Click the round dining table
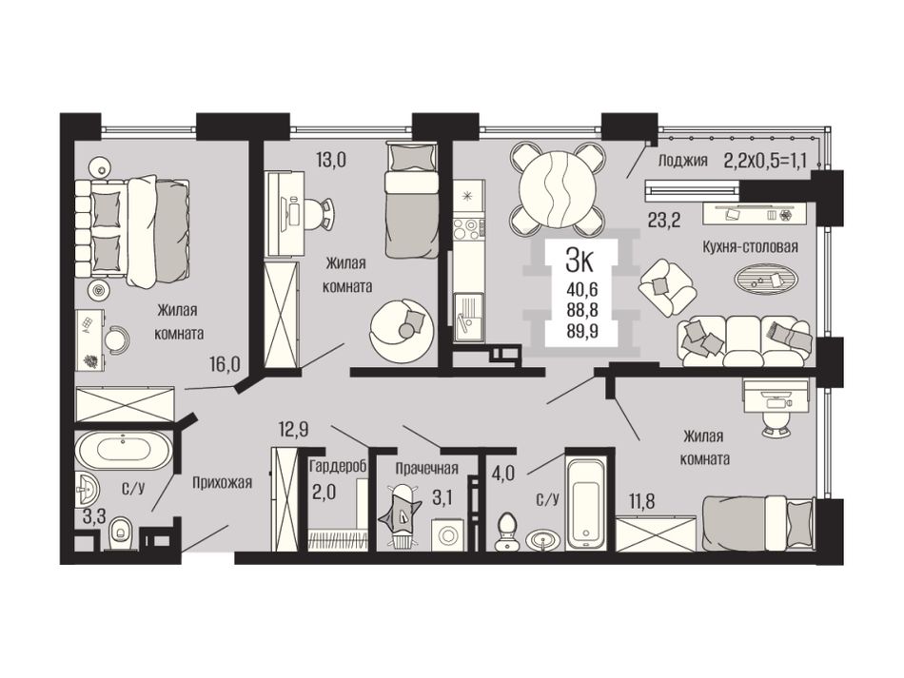coord(558,189)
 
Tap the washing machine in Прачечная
coord(448,534)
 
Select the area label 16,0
coord(225,364)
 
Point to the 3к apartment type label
coord(580,262)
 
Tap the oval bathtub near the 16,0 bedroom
coord(124,450)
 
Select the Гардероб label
coord(338,467)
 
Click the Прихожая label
coord(222,483)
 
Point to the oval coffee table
coord(766,278)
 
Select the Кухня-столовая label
coord(750,247)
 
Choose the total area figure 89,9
coord(581,330)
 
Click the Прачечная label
coord(426,468)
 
